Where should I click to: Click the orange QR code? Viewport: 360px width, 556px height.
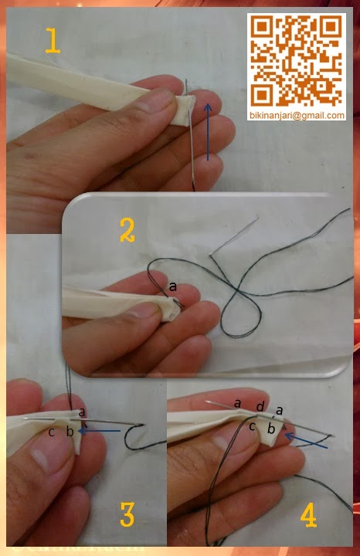tap(297, 61)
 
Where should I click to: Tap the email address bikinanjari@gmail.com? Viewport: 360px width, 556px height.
tap(297, 115)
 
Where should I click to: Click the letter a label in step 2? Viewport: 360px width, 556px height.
tap(173, 286)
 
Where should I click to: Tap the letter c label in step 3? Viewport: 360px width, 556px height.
tap(51, 431)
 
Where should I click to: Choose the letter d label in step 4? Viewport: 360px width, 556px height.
tap(261, 407)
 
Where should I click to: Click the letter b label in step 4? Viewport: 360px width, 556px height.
tap(270, 426)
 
